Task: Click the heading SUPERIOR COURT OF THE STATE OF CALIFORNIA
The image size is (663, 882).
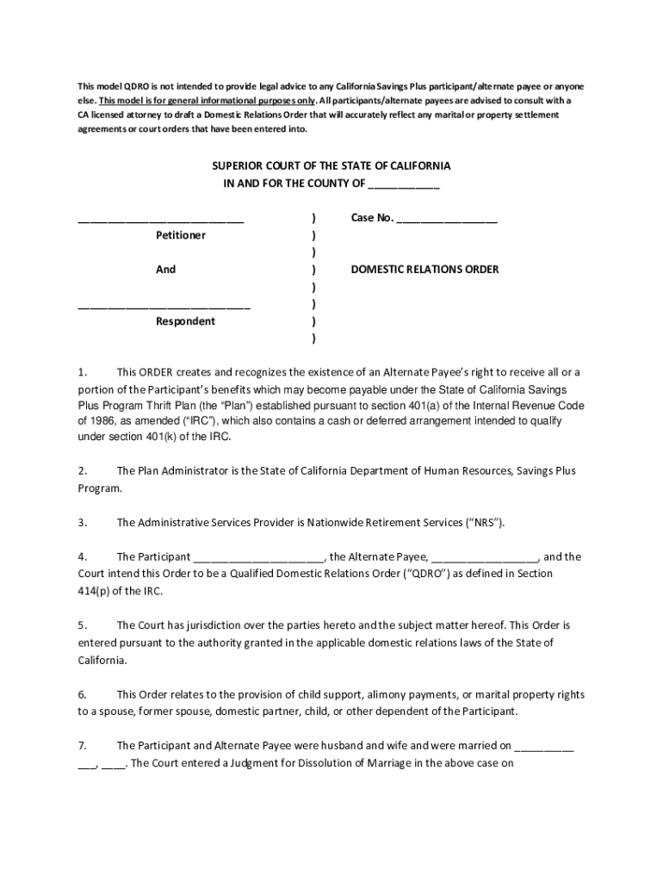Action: tap(331, 165)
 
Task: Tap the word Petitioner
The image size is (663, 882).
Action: tap(181, 235)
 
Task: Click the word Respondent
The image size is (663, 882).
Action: tap(185, 321)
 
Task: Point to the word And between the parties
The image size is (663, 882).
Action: tap(165, 270)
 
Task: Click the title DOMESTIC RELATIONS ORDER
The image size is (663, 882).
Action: tap(424, 270)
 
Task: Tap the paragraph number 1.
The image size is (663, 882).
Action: tap(82, 372)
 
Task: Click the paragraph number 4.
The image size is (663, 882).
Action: tap(82, 556)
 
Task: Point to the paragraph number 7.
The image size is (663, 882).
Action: tap(82, 746)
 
